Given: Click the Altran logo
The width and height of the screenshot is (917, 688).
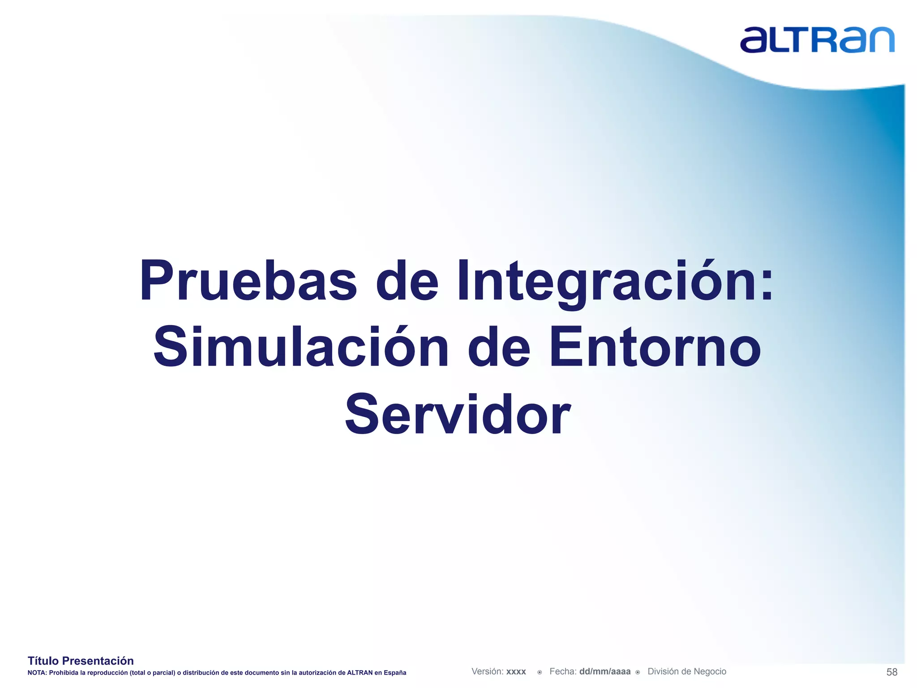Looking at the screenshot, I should click(x=817, y=40).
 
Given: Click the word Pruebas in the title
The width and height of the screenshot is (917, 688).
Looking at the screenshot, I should click(x=248, y=281).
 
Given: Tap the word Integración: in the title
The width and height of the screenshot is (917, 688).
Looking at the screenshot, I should click(x=614, y=281).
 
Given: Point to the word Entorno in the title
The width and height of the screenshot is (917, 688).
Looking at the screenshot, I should click(x=655, y=347).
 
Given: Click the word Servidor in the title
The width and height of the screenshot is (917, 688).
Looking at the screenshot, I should click(x=458, y=414).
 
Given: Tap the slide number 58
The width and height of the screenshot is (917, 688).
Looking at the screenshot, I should click(x=891, y=672).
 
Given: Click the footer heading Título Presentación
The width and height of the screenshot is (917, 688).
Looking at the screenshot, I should click(x=81, y=661).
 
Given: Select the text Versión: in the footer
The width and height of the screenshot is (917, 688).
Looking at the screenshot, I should click(x=487, y=671).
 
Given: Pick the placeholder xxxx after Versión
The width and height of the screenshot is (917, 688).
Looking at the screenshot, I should click(x=516, y=672).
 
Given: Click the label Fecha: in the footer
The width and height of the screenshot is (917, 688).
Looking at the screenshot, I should click(x=563, y=671).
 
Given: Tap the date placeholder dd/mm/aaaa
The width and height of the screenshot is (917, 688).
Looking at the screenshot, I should click(x=604, y=671).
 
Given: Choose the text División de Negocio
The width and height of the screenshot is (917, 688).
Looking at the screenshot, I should click(x=687, y=671).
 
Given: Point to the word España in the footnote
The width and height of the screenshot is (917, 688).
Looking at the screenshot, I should click(x=395, y=673).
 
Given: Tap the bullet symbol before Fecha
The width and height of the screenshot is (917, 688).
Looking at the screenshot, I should click(x=540, y=672).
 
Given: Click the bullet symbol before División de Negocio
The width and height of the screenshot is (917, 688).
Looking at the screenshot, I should click(x=638, y=672).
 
